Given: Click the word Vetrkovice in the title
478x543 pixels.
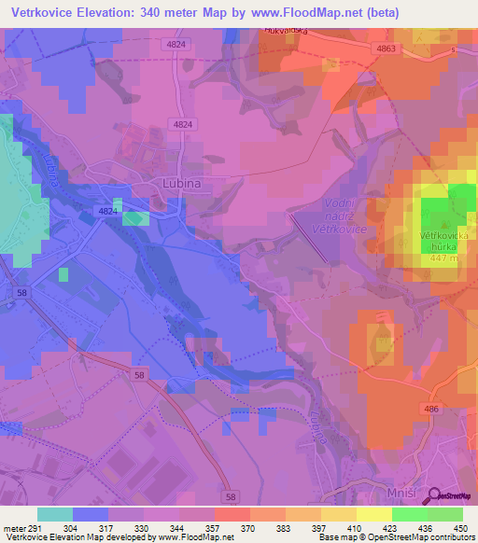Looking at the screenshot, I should click(51, 13).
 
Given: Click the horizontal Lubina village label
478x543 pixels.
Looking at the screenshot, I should click(182, 185).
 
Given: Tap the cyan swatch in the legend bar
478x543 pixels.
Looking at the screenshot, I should click(55, 514).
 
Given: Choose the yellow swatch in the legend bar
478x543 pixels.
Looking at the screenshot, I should click(373, 514).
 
